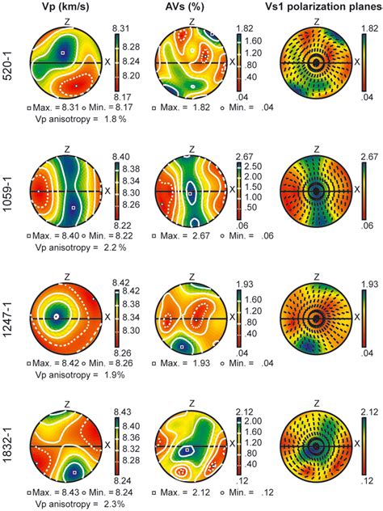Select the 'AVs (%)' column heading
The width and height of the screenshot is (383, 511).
click(191, 9)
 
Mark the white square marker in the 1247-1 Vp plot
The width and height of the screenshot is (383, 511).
click(56, 317)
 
